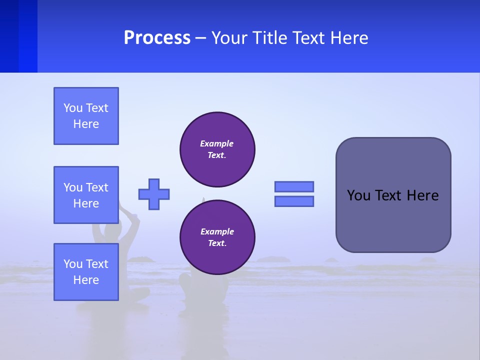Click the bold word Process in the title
click(x=157, y=38)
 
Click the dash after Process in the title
click(x=201, y=38)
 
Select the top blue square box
click(x=86, y=116)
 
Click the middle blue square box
click(x=86, y=195)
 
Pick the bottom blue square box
click(x=86, y=271)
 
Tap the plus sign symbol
click(x=154, y=194)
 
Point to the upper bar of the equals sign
click(x=294, y=186)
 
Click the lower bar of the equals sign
click(x=294, y=201)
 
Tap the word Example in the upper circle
click(x=217, y=143)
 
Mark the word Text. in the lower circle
click(x=217, y=243)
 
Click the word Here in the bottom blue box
click(x=86, y=280)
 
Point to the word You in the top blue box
click(x=72, y=108)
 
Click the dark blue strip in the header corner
click(x=18, y=36)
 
